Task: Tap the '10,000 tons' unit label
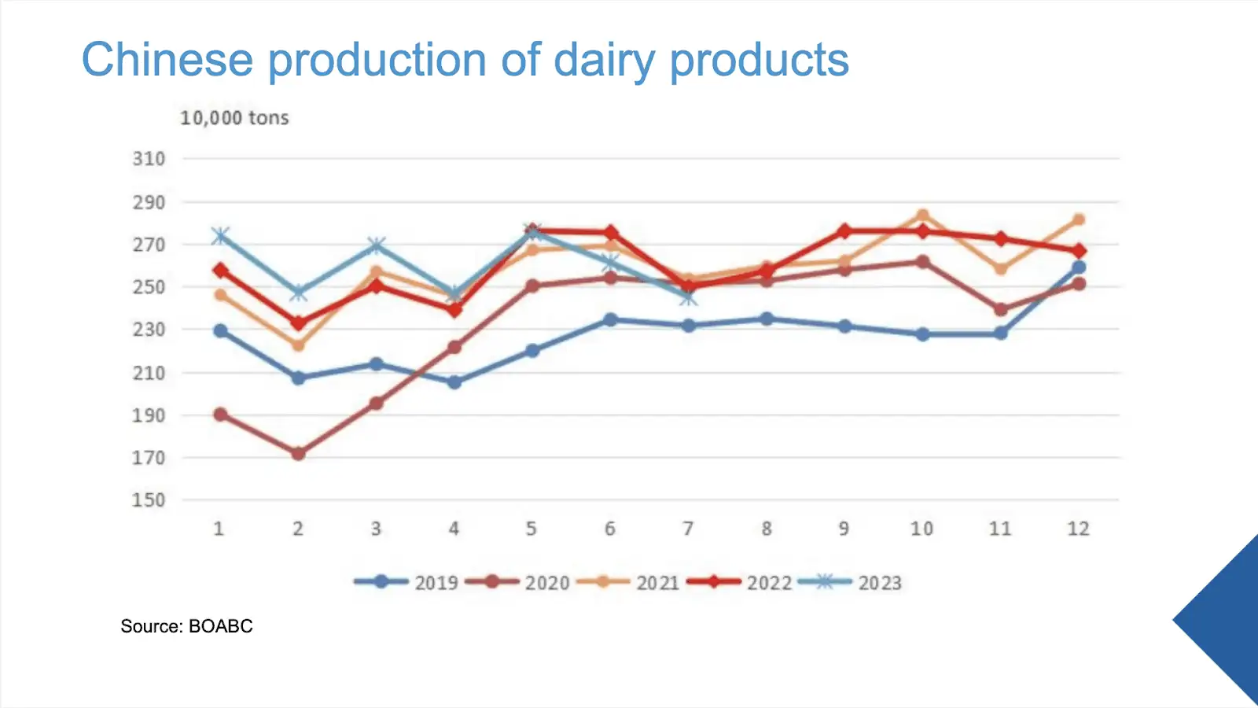point(234,118)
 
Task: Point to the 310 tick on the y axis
point(149,159)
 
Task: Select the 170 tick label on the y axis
point(149,458)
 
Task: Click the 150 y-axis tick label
point(149,500)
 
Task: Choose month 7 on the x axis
point(688,529)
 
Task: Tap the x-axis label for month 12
point(1078,529)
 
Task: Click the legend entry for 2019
point(406,583)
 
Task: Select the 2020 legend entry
point(517,583)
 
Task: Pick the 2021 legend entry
point(628,583)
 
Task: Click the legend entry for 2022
point(740,583)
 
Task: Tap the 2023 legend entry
point(850,583)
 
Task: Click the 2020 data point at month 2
point(298,453)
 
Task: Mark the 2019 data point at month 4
point(454,382)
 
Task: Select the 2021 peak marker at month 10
point(922,216)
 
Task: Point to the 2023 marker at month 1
point(220,236)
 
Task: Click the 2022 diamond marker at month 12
point(1078,251)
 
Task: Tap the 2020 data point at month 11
point(1000,310)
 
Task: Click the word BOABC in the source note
point(221,626)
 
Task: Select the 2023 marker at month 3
point(377,245)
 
